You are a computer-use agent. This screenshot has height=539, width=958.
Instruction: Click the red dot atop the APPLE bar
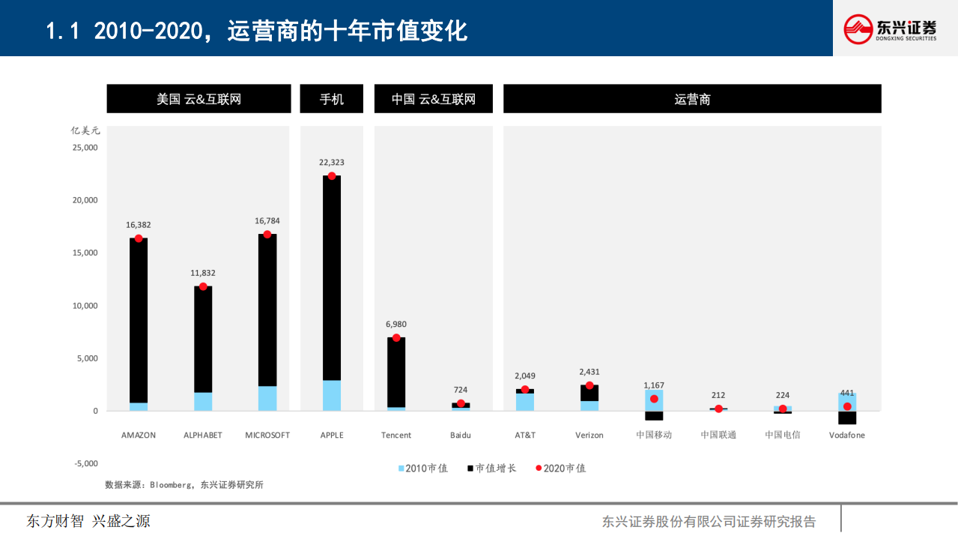(331, 176)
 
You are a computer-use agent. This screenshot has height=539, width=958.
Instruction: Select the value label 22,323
(331, 163)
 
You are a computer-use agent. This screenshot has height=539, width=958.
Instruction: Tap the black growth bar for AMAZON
(139, 322)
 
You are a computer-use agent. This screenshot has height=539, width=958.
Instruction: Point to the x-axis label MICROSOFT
(267, 436)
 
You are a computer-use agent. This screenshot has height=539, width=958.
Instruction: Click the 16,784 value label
(267, 221)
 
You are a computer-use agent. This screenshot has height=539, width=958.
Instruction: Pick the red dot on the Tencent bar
(396, 338)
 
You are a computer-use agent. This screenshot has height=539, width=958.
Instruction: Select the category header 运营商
(692, 99)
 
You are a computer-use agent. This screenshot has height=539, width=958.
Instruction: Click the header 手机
(331, 99)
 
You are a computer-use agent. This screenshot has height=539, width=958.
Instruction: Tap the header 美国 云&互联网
(198, 99)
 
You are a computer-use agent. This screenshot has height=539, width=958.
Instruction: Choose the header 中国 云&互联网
(433, 99)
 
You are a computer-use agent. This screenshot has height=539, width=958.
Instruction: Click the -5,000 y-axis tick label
(85, 464)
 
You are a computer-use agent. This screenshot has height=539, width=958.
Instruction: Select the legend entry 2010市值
(423, 469)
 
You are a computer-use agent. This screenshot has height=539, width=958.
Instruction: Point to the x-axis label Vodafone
(846, 436)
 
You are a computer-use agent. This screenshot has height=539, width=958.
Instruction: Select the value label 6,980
(396, 325)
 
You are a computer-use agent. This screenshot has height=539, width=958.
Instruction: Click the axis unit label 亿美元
(85, 130)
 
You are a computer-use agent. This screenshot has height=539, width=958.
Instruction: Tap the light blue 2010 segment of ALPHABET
(203, 402)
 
